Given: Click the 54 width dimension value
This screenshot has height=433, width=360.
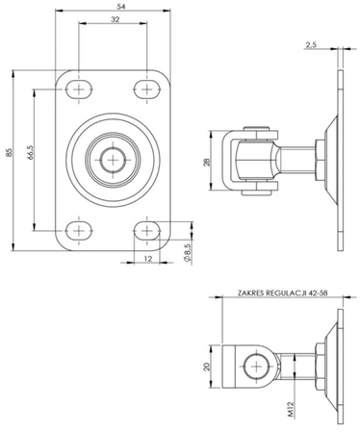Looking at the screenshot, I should pyautogui.click(x=115, y=8).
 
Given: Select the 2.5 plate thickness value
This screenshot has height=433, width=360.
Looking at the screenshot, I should pyautogui.click(x=309, y=45).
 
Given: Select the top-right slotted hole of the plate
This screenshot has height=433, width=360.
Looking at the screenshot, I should pyautogui.click(x=147, y=89).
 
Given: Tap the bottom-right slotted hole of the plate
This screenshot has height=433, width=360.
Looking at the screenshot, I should pyautogui.click(x=147, y=229).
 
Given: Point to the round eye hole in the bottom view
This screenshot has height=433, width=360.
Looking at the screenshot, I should pyautogui.click(x=258, y=367).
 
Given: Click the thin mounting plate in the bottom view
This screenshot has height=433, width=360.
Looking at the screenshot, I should pyautogui.click(x=338, y=367).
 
